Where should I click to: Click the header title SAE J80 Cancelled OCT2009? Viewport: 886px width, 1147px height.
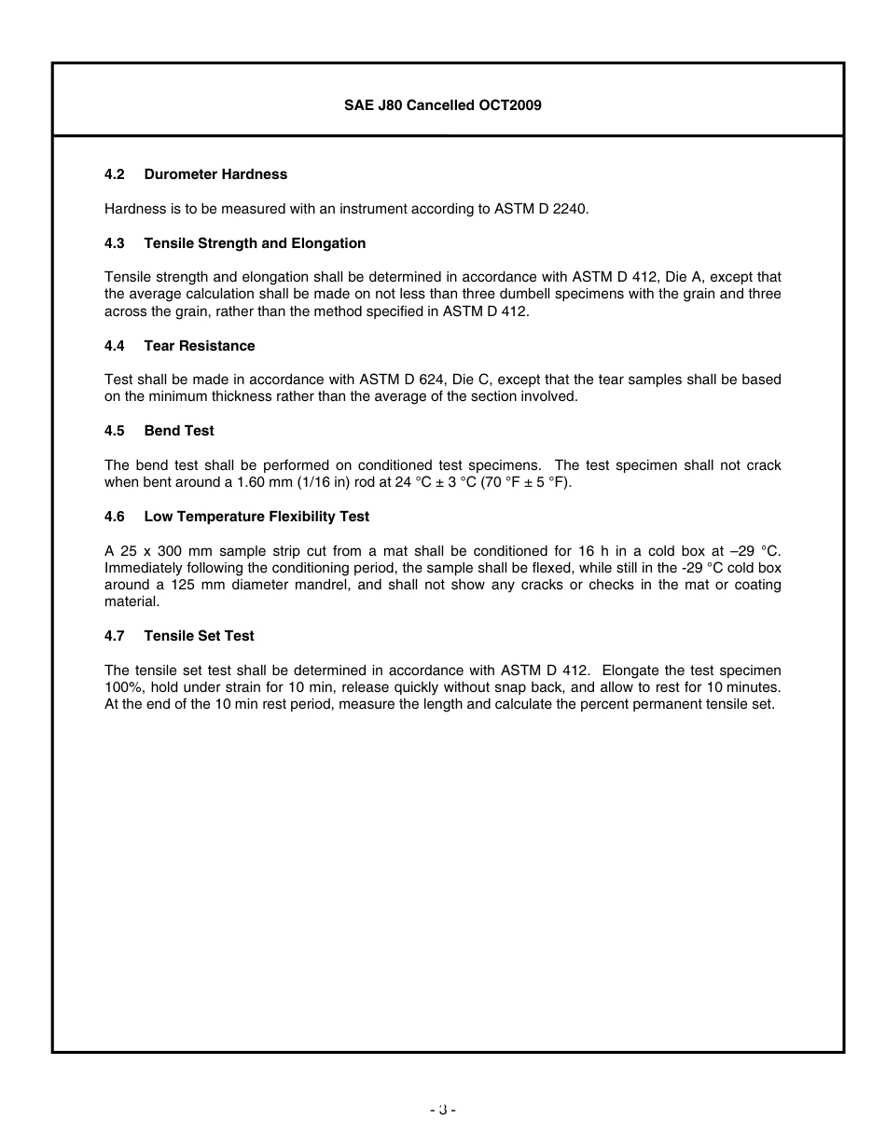pos(443,105)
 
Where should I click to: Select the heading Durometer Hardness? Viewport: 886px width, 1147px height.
pos(215,174)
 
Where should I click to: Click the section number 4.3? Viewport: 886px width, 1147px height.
pos(115,243)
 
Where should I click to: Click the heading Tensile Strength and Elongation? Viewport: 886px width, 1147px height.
pos(255,243)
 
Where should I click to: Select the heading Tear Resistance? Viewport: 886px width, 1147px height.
pos(199,346)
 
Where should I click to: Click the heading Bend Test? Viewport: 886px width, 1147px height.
pos(179,431)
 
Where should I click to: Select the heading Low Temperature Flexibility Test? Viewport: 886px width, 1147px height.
pos(256,517)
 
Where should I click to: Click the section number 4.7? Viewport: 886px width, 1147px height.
pos(115,636)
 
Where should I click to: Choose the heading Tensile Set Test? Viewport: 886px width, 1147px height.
pos(199,636)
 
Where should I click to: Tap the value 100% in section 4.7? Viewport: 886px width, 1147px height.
pos(120,687)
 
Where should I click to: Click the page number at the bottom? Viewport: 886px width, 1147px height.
pos(443,1110)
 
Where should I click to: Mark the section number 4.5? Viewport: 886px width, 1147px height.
pos(115,431)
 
